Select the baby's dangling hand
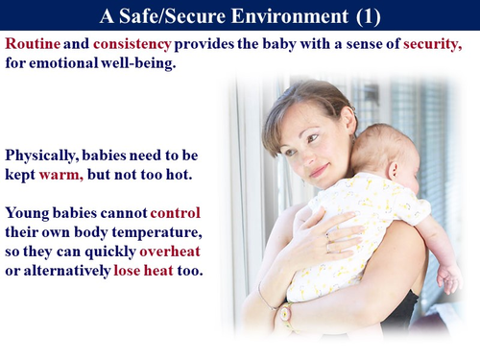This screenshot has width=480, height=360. (447, 278)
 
